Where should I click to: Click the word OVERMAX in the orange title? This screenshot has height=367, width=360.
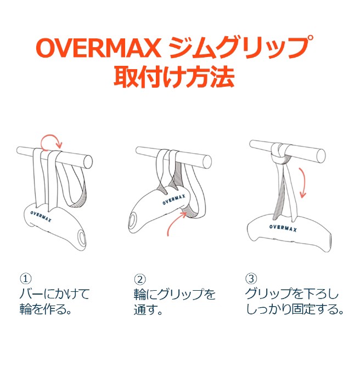(98, 48)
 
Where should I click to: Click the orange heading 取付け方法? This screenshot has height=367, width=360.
(174, 77)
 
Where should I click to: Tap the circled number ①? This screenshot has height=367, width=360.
(25, 279)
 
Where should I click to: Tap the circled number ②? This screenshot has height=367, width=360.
(139, 279)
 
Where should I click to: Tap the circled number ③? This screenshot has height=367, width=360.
(251, 279)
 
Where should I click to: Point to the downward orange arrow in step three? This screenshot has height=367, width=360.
(303, 183)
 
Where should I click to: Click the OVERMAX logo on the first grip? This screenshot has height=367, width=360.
(41, 217)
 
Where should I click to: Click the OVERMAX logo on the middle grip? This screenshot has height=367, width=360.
(174, 199)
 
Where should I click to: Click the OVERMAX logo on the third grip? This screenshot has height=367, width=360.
(283, 228)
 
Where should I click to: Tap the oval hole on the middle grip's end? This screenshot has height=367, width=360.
(132, 220)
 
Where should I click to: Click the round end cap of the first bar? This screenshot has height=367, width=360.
(88, 162)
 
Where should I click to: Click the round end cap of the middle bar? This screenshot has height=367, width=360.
(207, 161)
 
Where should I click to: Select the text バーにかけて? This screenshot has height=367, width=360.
(54, 294)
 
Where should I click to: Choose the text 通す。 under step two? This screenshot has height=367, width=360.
(148, 309)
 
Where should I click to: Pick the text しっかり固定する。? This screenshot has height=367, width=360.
(295, 309)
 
